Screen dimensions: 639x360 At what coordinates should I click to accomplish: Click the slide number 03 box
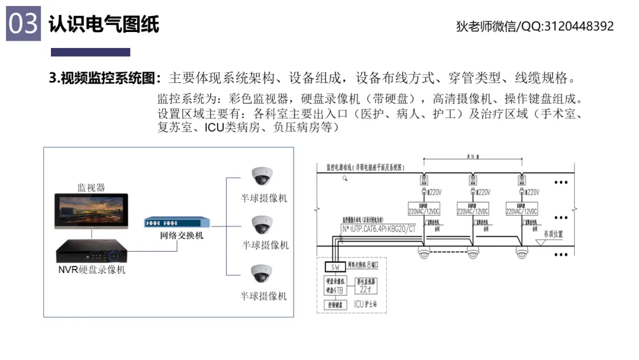click(23, 24)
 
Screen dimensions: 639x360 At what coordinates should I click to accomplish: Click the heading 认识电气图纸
click(104, 24)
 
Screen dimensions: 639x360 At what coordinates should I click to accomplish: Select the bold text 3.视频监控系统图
click(105, 78)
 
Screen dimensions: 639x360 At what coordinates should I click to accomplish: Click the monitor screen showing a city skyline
click(91, 211)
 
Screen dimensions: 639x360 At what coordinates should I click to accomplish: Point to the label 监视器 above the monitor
click(91, 188)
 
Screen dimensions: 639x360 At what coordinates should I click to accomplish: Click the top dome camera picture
click(261, 176)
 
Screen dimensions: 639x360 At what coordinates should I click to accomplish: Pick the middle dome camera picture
click(261, 224)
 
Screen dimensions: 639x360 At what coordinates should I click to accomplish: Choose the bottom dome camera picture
click(261, 274)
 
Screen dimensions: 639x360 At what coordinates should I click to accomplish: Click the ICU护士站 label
click(366, 304)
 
